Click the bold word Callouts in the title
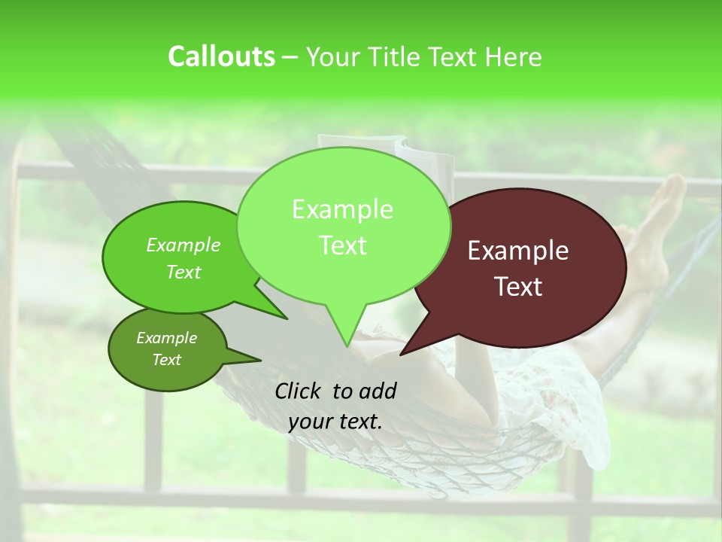pyautogui.click(x=221, y=56)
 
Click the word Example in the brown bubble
pyautogui.click(x=518, y=251)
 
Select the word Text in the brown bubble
pyautogui.click(x=518, y=287)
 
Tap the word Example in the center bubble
pyautogui.click(x=343, y=209)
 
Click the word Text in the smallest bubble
pyautogui.click(x=167, y=360)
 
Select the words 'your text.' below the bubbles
pyautogui.click(x=335, y=422)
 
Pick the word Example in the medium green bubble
pyautogui.click(x=184, y=245)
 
